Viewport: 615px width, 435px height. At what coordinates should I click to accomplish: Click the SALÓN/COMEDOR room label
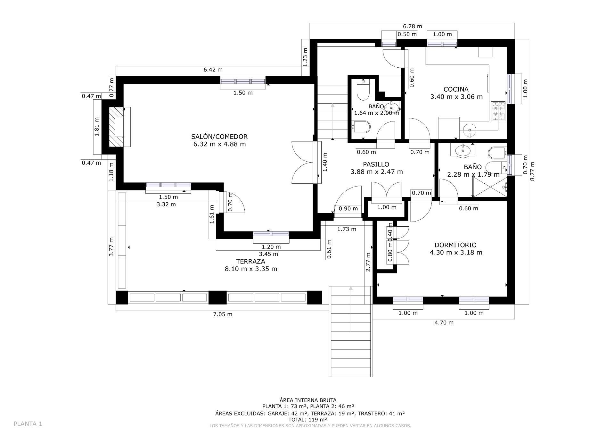click(x=219, y=137)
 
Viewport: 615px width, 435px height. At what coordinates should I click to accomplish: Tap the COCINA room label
click(x=456, y=89)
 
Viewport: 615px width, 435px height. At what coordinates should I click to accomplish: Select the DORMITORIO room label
click(x=455, y=245)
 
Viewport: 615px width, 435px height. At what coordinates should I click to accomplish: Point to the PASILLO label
click(x=376, y=164)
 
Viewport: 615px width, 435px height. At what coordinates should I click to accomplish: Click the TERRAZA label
click(x=250, y=261)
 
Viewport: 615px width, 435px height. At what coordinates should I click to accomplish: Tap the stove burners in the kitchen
click(x=498, y=112)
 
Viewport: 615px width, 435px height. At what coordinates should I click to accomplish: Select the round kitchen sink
click(x=470, y=130)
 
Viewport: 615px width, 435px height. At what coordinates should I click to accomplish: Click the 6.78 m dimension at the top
click(x=412, y=26)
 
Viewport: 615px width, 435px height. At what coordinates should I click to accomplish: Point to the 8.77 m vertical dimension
click(x=532, y=171)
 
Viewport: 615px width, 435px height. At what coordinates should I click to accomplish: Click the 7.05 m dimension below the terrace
click(x=223, y=314)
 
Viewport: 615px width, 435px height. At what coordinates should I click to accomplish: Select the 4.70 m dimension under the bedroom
click(x=444, y=322)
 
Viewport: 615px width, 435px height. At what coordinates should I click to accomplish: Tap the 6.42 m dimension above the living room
click(x=213, y=70)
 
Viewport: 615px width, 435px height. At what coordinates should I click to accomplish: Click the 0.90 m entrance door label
click(x=348, y=208)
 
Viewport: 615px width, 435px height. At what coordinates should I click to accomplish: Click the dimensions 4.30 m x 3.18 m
click(x=456, y=252)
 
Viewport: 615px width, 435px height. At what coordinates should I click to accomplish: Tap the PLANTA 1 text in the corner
click(x=28, y=424)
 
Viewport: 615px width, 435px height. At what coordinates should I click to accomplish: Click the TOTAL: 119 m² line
click(x=308, y=419)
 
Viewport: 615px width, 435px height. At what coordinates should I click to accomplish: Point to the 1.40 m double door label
click(x=325, y=166)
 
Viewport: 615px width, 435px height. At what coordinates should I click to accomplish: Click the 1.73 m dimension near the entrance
click(x=347, y=229)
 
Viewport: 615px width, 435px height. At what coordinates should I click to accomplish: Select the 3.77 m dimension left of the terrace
click(x=111, y=247)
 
